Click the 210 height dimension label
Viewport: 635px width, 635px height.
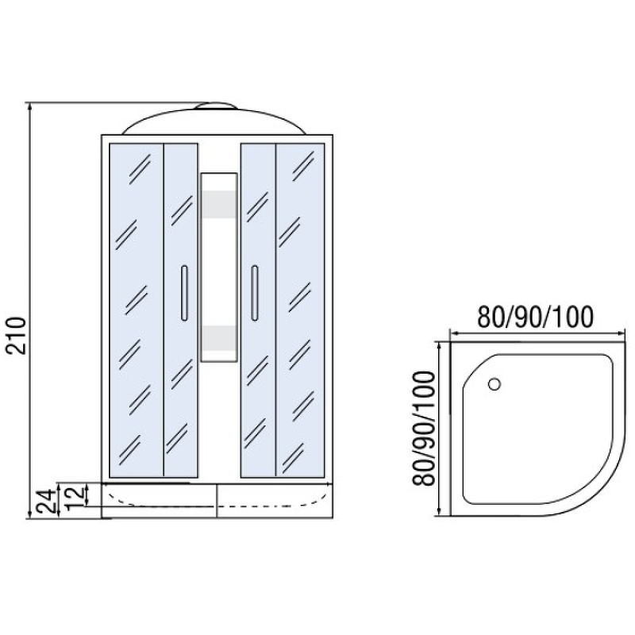pyautogui.click(x=17, y=336)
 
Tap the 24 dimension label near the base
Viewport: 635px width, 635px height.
pyautogui.click(x=45, y=501)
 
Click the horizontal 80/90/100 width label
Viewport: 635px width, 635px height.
pyautogui.click(x=535, y=317)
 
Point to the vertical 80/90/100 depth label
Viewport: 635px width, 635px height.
pyautogui.click(x=424, y=429)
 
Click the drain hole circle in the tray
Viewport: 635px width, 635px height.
pyautogui.click(x=495, y=383)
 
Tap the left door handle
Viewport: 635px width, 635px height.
pyautogui.click(x=184, y=293)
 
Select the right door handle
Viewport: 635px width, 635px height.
pyautogui.click(x=254, y=293)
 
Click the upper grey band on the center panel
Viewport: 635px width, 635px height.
pyautogui.click(x=219, y=204)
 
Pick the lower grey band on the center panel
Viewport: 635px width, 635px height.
pyautogui.click(x=219, y=338)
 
